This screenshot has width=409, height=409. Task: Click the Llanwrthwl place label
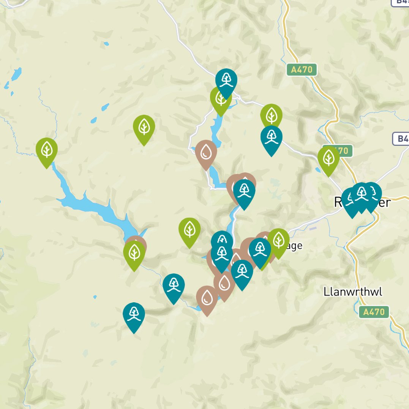pyautogui.click(x=353, y=292)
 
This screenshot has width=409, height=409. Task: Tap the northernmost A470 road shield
pyautogui.click(x=302, y=69)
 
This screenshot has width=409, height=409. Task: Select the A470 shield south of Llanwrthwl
pyautogui.click(x=374, y=312)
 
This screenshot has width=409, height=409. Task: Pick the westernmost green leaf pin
pyautogui.click(x=47, y=149)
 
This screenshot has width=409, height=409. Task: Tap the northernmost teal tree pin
pyautogui.click(x=226, y=81)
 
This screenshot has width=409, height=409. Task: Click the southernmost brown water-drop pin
pyautogui.click(x=207, y=298)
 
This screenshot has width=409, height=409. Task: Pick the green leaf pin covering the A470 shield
pyautogui.click(x=328, y=158)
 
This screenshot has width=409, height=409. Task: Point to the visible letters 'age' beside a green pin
pyautogui.click(x=296, y=246)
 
